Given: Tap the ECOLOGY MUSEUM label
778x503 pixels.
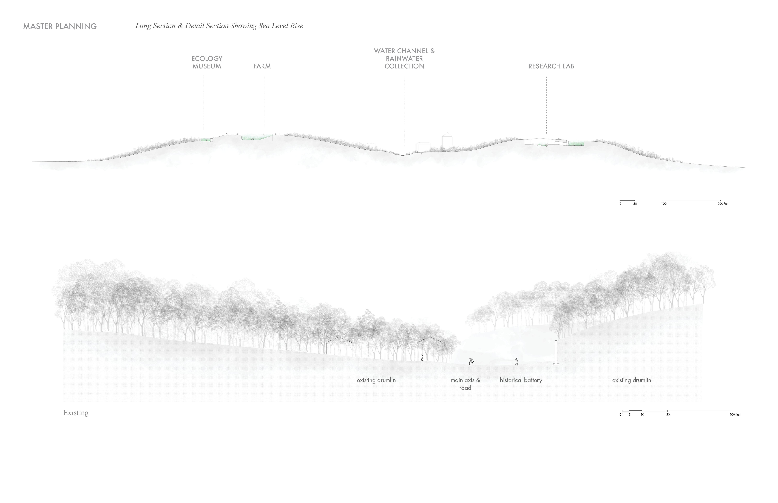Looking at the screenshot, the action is pos(207,62).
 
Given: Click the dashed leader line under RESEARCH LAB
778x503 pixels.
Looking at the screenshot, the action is pos(547,105).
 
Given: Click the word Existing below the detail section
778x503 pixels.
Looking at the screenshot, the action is pos(76,413).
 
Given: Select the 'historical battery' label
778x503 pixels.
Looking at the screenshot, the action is pos(521,380).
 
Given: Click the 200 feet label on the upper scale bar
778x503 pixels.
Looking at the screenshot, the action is pos(723,204).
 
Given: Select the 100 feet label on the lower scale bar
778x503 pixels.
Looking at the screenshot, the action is pos(735,415).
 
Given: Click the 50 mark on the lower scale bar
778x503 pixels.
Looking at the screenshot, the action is pos(668,415).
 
